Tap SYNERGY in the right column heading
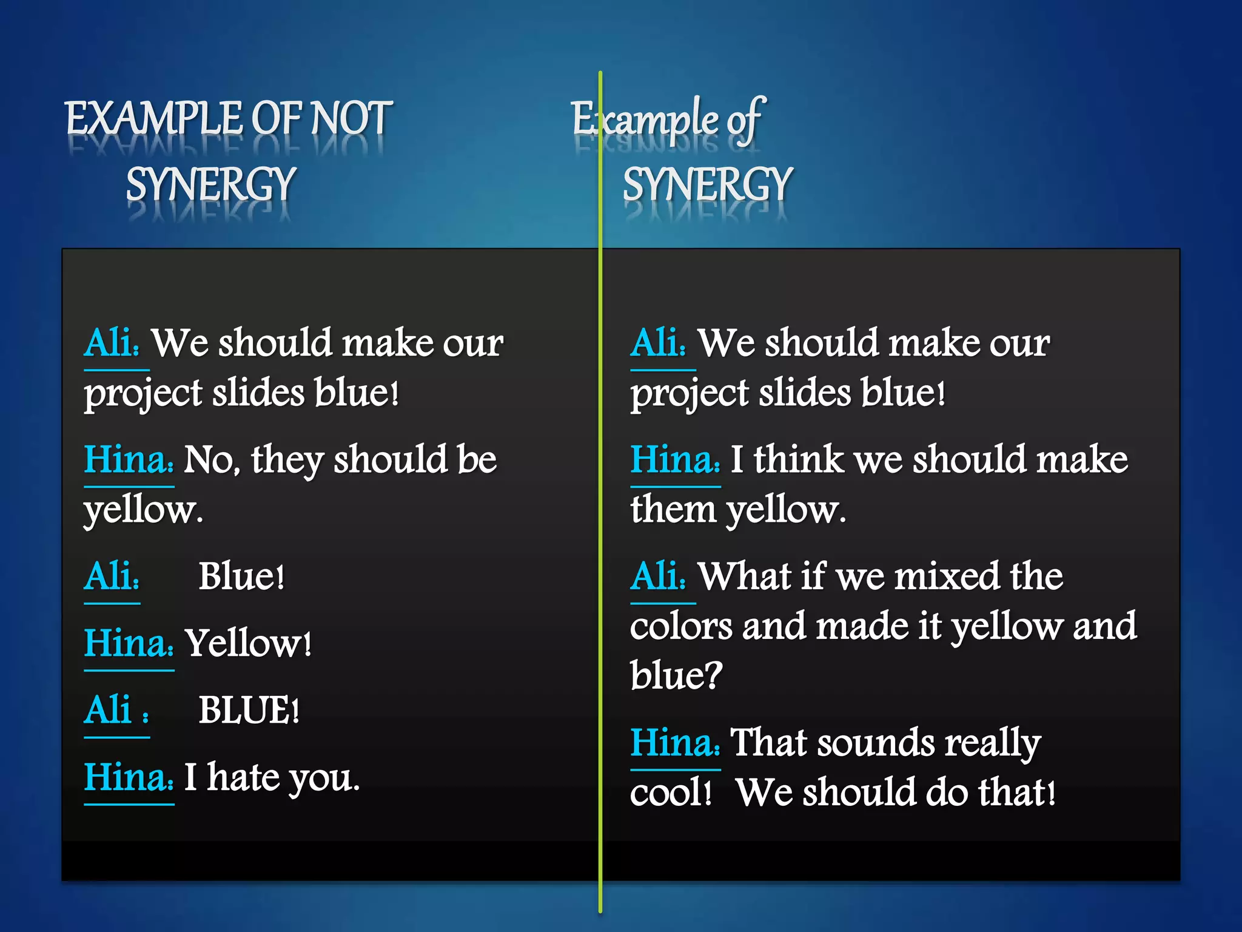click(x=707, y=184)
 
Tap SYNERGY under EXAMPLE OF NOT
click(x=210, y=184)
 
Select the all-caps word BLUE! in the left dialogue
click(x=249, y=710)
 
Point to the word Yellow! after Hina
click(x=248, y=643)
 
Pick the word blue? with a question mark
click(x=676, y=675)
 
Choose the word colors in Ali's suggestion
click(x=680, y=626)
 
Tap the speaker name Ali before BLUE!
click(x=108, y=710)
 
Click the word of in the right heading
click(x=745, y=120)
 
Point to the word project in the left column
click(x=143, y=394)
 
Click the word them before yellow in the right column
click(x=673, y=509)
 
